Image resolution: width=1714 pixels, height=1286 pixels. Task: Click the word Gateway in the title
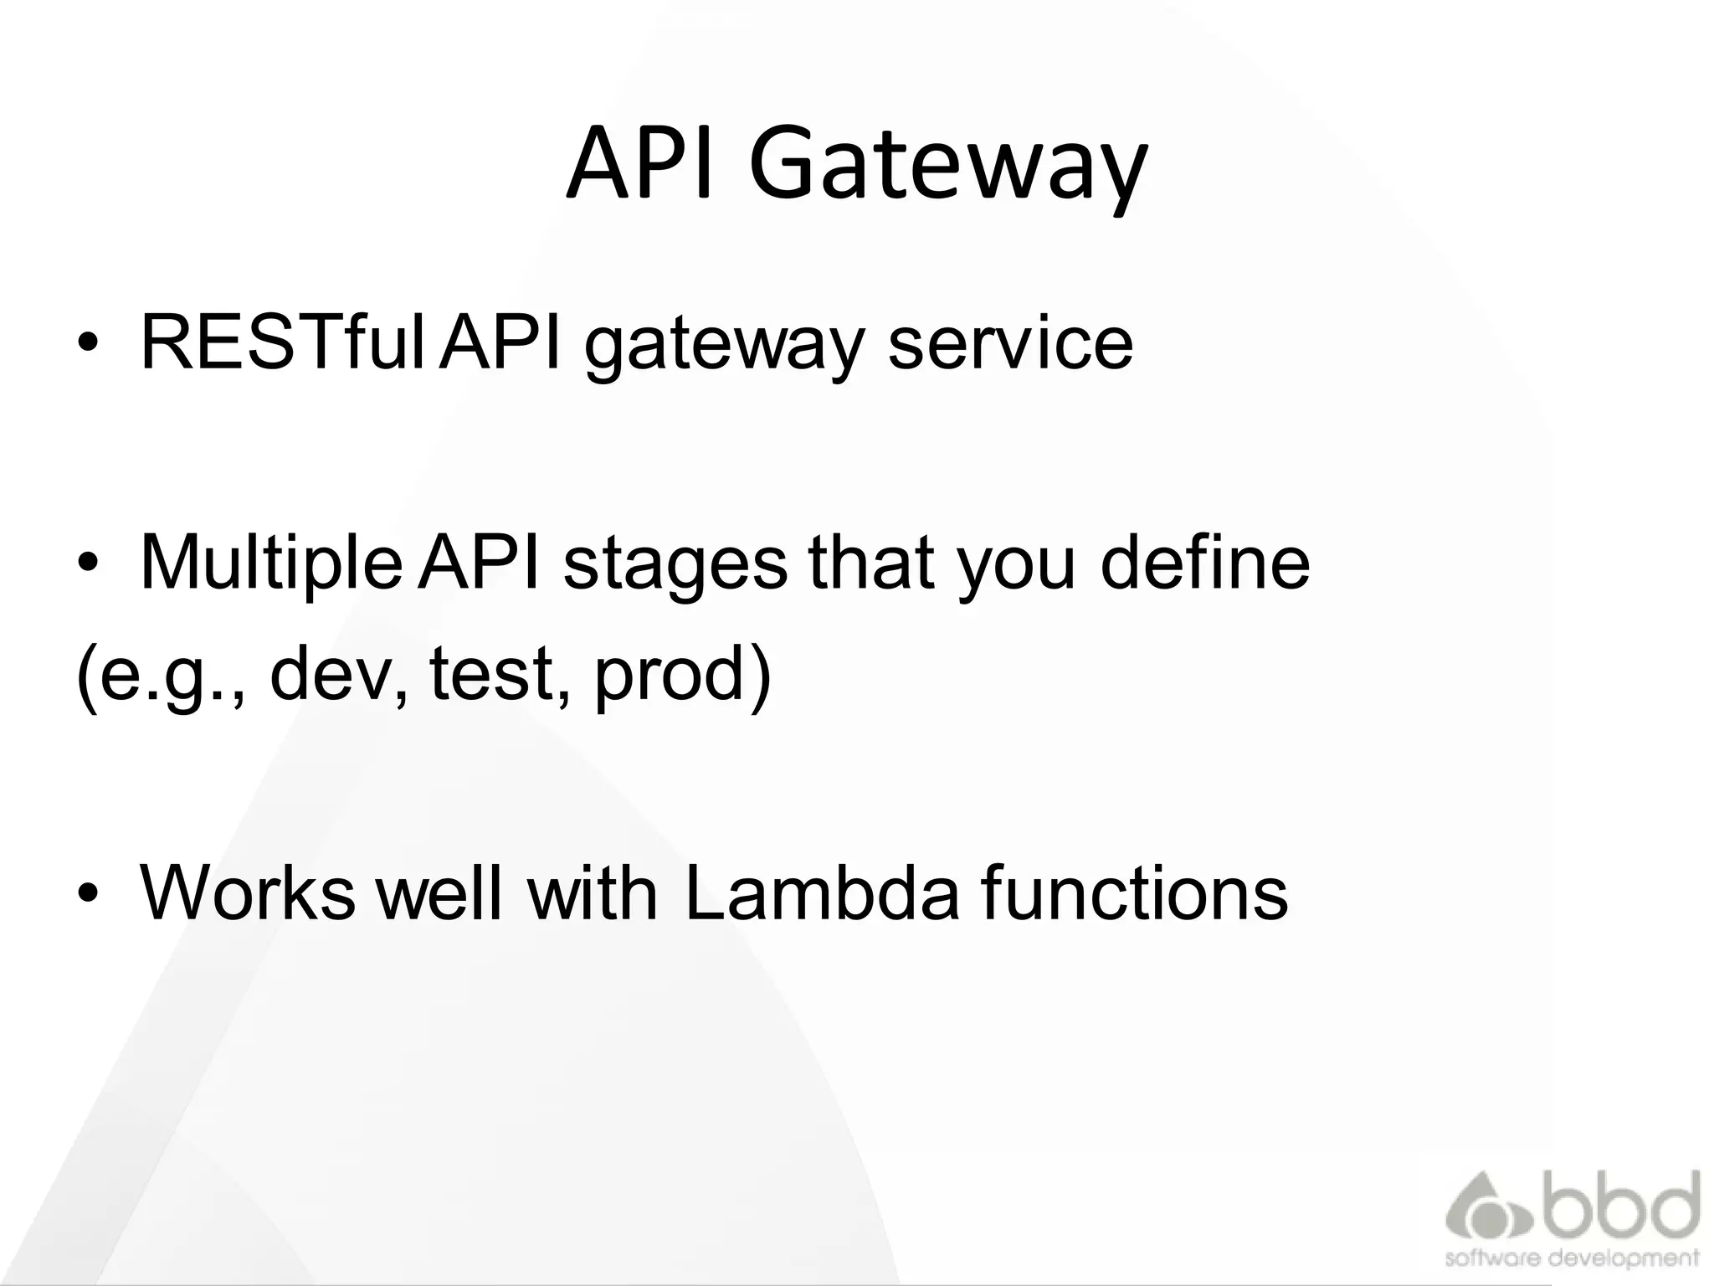pos(947,166)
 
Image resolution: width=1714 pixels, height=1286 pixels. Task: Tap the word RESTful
pos(283,342)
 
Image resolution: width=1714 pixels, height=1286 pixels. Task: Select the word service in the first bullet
pos(1010,342)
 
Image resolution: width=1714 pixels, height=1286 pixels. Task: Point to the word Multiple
pos(270,563)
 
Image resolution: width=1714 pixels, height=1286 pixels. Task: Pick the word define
pos(1204,563)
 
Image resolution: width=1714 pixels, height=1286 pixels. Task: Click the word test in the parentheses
pos(491,673)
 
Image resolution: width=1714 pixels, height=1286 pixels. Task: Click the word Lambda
pos(821,892)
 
